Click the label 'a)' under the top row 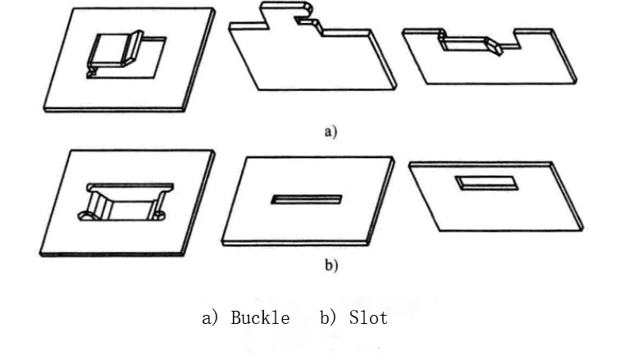click(x=330, y=131)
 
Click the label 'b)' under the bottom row click(x=330, y=265)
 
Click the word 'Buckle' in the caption click(x=260, y=318)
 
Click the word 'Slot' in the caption click(x=367, y=318)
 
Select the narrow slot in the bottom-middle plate click(x=306, y=199)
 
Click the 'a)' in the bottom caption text click(x=210, y=318)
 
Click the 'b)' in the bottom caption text click(x=329, y=318)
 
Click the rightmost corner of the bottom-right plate click(x=581, y=226)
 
